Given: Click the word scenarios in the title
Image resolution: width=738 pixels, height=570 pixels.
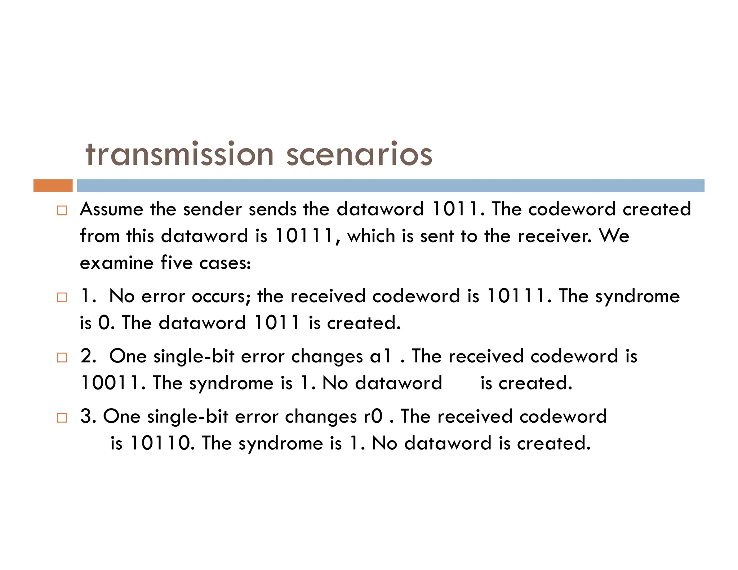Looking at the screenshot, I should point(359,155).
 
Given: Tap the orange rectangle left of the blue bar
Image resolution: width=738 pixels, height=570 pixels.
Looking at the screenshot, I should point(53,186).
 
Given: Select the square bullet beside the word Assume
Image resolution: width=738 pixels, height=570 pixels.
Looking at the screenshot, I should point(62,210).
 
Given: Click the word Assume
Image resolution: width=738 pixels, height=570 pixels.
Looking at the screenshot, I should point(112,209).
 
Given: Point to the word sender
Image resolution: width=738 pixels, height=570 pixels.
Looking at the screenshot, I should point(212,209).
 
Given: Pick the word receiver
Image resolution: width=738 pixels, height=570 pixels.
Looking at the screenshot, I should point(554,236).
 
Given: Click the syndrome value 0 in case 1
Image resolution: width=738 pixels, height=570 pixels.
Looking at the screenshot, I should point(104,323).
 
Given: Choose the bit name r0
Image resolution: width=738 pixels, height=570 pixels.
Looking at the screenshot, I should point(373,417).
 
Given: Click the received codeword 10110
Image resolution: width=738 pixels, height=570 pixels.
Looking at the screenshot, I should point(160,443).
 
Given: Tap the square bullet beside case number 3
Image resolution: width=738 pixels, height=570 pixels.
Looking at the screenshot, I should point(62,418).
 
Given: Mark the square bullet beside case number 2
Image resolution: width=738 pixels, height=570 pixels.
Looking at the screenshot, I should point(62,358).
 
